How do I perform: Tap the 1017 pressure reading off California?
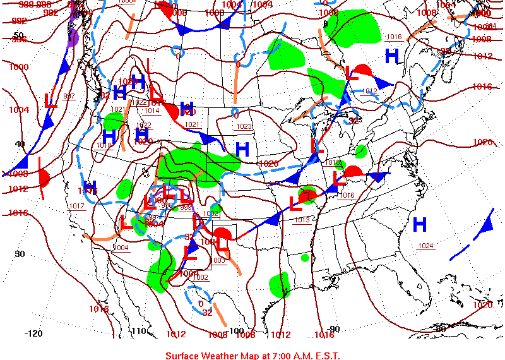click(x=76, y=206)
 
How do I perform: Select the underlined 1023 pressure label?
click(x=244, y=126)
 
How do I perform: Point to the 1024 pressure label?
click(x=426, y=246)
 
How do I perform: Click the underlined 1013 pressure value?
click(x=302, y=219)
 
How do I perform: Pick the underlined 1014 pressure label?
click(x=151, y=111)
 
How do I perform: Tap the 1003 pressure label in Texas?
click(x=218, y=260)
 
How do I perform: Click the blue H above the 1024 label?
click(x=419, y=224)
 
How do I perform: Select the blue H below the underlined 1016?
click(x=392, y=56)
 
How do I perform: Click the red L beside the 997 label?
click(x=50, y=99)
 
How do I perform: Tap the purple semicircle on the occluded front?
click(x=73, y=37)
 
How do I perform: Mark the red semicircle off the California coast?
click(x=44, y=178)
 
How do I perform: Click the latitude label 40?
click(x=20, y=144)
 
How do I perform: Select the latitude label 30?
click(x=20, y=255)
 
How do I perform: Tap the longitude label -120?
click(x=33, y=333)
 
